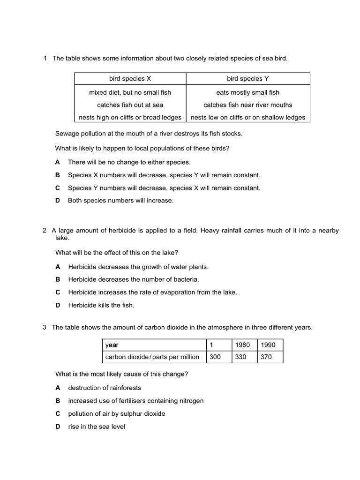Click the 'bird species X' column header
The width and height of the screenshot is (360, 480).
130,79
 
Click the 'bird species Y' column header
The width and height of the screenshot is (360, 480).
248,79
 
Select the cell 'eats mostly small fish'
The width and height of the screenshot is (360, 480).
248,92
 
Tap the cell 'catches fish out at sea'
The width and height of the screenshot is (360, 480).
130,105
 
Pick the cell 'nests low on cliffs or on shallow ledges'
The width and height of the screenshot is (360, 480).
248,118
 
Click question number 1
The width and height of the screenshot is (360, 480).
45,58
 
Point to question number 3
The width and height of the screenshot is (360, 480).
45,328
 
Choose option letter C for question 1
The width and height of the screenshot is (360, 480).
58,188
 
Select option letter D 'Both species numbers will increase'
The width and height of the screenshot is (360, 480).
58,201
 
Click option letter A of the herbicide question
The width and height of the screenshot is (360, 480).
58,267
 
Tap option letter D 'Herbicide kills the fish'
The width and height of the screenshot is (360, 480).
58,305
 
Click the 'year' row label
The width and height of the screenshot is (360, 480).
112,345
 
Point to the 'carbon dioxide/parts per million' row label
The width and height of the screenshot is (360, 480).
152,357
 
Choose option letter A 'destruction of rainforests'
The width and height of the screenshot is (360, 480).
58,388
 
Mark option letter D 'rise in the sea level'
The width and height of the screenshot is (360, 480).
58,427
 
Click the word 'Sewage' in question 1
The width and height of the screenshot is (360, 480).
66,134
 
